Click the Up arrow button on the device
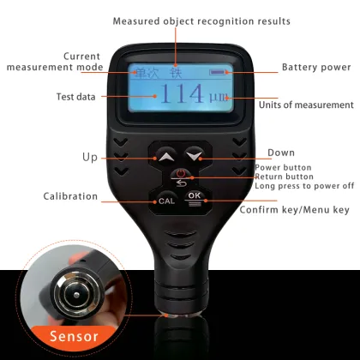tap(165, 157)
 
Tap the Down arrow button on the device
tap(196, 156)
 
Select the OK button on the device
tap(195, 195)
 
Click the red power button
tap(181, 177)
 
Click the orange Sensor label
tap(73, 337)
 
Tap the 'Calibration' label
tap(71, 196)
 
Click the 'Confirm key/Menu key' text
tap(294, 209)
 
